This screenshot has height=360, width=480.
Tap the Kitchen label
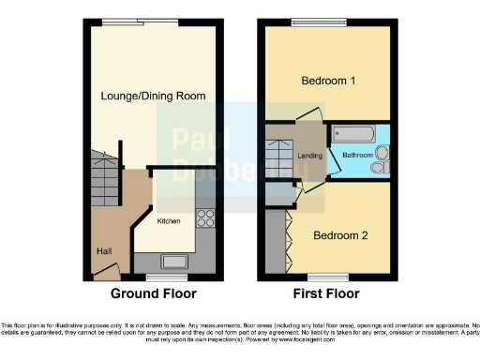(x=169, y=221)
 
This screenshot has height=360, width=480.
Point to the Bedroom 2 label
(x=340, y=234)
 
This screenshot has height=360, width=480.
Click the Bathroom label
(x=356, y=155)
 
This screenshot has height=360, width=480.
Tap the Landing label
(x=310, y=156)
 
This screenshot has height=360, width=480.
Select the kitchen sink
(x=174, y=261)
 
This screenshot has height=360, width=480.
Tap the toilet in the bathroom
(x=379, y=167)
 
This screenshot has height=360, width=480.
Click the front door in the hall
(x=105, y=273)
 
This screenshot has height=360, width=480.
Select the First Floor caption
(x=327, y=293)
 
